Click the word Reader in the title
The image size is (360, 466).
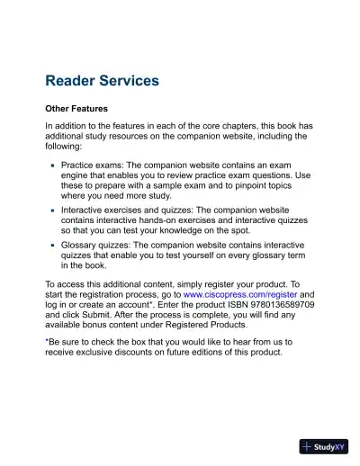(73, 81)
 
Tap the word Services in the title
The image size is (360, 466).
(132, 81)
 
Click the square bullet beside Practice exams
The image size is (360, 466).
(53, 166)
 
